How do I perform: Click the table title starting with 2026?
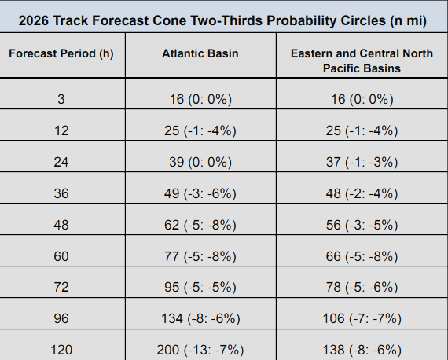click(222, 21)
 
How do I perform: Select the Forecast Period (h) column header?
click(61, 53)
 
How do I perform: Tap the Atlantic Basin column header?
click(200, 53)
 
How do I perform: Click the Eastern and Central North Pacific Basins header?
click(362, 61)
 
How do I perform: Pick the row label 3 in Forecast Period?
click(61, 99)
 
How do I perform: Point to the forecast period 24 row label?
click(61, 162)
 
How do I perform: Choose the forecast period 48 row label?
click(61, 225)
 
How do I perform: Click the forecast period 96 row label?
click(61, 318)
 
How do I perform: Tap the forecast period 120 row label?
click(61, 350)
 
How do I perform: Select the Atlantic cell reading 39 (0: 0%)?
click(200, 162)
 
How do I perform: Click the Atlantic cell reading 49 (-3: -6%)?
click(200, 193)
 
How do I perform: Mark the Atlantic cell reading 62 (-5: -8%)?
click(200, 225)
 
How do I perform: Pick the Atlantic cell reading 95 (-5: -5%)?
click(200, 287)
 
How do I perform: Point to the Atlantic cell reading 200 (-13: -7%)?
click(200, 350)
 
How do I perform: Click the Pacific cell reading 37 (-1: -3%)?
click(362, 162)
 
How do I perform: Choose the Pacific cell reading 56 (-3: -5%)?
click(362, 225)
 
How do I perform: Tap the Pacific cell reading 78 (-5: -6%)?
click(362, 287)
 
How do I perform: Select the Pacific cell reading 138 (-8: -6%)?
click(362, 350)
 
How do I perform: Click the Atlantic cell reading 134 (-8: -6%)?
click(200, 318)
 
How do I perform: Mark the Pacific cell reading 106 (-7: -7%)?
click(362, 318)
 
